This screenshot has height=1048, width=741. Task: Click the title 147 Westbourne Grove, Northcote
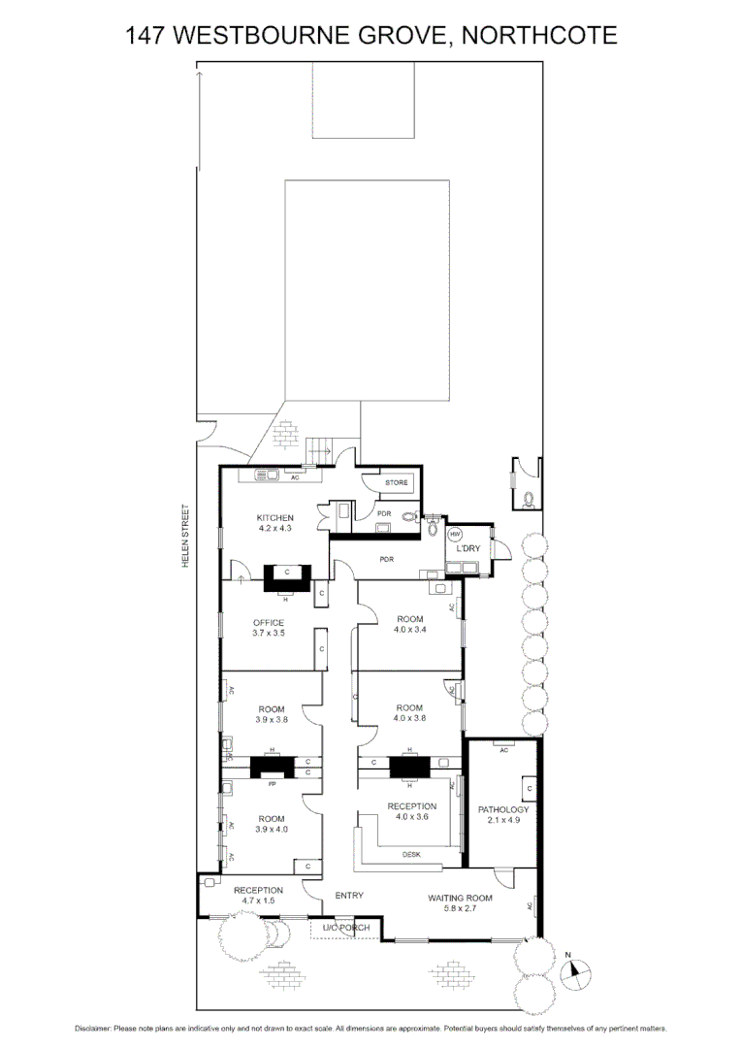(x=370, y=36)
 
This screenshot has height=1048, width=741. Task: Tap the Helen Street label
(x=186, y=536)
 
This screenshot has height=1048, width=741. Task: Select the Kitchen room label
(x=274, y=523)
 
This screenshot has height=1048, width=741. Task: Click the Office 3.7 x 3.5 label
(x=269, y=628)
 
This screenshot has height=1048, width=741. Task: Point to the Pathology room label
(x=503, y=815)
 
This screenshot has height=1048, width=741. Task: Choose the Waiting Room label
(x=460, y=903)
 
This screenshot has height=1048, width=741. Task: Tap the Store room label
(x=397, y=482)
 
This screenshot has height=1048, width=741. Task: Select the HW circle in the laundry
(x=455, y=535)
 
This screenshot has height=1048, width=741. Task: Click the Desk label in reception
(x=412, y=854)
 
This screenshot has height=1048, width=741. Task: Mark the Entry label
(x=348, y=896)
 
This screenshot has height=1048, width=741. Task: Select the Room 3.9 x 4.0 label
(x=271, y=824)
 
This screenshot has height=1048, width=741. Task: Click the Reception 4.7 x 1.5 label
(x=258, y=896)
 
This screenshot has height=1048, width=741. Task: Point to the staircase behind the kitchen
(x=319, y=449)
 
